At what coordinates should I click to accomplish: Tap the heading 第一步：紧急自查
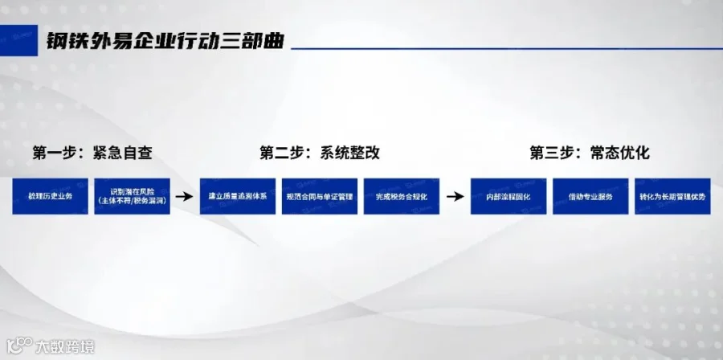(92, 153)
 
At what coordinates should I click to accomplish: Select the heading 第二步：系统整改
(319, 153)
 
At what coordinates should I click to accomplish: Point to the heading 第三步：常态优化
(589, 153)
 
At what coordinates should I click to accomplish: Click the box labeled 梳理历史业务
(50, 196)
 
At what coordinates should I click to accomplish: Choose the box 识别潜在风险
(132, 196)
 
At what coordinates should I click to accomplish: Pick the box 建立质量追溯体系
(237, 196)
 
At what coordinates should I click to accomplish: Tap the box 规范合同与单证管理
(319, 196)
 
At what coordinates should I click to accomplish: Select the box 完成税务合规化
(401, 196)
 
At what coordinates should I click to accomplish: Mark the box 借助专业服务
(590, 196)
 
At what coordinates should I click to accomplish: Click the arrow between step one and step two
(184, 196)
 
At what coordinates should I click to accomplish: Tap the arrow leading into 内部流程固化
(455, 196)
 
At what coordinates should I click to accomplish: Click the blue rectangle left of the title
(18, 43)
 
